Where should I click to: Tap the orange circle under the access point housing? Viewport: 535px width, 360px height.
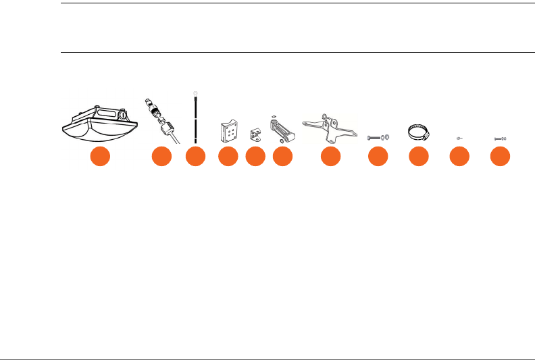(101, 157)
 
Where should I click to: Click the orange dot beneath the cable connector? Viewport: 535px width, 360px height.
(161, 157)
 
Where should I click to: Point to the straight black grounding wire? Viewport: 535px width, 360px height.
(195, 122)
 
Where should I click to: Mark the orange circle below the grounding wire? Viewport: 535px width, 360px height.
(195, 157)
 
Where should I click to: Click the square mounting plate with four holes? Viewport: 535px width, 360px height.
(228, 130)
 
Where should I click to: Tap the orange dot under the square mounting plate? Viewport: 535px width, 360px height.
(228, 157)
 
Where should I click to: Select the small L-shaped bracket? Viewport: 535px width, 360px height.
(255, 134)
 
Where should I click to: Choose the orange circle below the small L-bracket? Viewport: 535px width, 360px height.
(255, 157)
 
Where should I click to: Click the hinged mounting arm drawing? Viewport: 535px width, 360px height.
(282, 128)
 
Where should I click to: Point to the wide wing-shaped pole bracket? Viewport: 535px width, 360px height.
(330, 127)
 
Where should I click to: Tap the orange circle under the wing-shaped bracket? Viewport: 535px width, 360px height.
(330, 157)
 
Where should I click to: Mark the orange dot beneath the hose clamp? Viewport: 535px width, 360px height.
(419, 157)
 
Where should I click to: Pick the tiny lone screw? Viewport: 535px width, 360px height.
(459, 137)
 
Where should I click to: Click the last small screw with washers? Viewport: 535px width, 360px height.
(500, 137)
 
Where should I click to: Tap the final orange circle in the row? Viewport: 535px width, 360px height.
(500, 157)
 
